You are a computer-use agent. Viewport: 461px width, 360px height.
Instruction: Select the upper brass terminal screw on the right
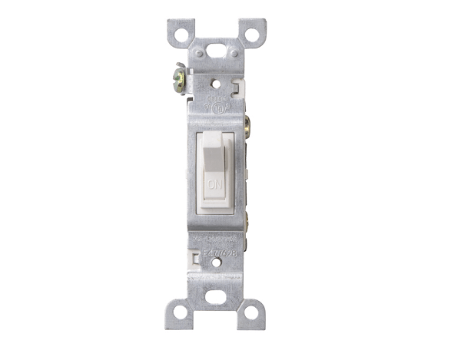click(249, 123)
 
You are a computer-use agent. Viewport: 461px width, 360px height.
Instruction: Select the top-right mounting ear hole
click(250, 34)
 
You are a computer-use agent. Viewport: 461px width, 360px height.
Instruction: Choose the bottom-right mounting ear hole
click(250, 313)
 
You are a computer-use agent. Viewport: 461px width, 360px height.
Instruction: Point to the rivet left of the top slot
click(198, 54)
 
